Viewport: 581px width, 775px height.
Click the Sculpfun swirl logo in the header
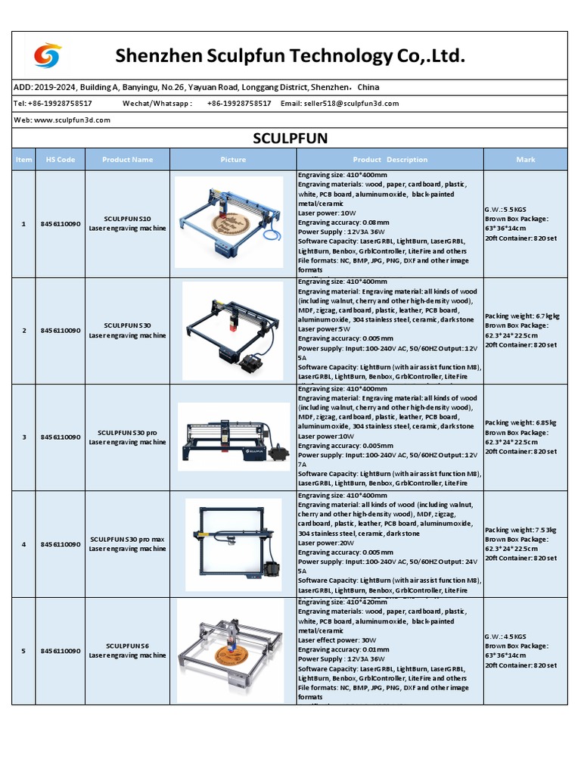click(x=48, y=55)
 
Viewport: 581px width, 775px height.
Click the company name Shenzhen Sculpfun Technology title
click(x=290, y=56)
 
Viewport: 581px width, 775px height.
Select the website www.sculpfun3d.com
click(x=72, y=120)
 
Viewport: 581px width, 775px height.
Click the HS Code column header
click(x=61, y=160)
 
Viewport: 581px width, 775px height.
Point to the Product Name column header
click(x=127, y=160)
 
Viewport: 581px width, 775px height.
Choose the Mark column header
click(x=525, y=160)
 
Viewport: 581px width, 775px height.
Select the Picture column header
click(x=233, y=160)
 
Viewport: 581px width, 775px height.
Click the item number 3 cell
click(x=23, y=437)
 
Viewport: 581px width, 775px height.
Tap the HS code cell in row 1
click(x=61, y=224)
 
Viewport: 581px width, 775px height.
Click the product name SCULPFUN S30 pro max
click(x=127, y=540)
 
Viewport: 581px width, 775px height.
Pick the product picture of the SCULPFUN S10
click(x=233, y=223)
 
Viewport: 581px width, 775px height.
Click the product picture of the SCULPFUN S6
click(x=233, y=651)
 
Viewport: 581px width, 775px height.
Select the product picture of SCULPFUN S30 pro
click(x=233, y=437)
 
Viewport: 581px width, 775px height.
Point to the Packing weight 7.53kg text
click(x=520, y=531)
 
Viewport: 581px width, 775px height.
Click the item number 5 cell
click(x=23, y=651)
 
